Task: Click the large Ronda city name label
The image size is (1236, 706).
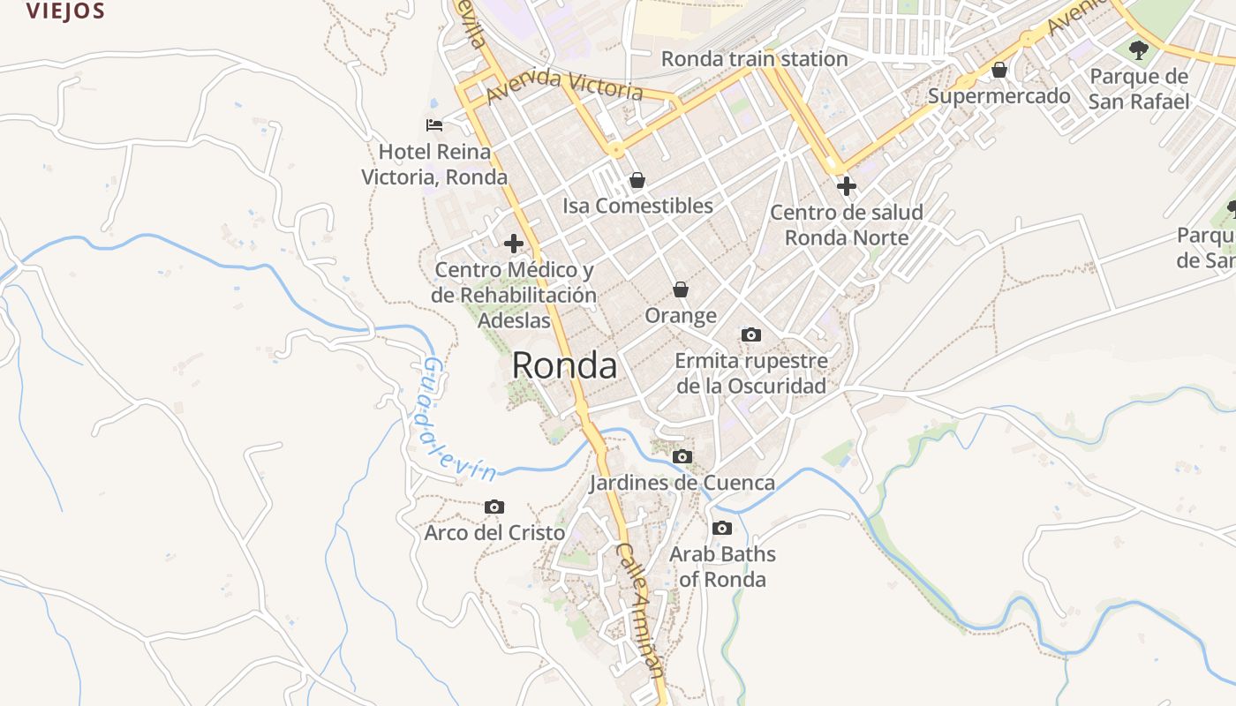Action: [564, 365]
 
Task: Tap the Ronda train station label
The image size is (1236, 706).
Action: [754, 59]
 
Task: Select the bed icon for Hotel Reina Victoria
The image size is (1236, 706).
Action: [433, 125]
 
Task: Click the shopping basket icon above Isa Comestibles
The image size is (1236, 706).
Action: [637, 181]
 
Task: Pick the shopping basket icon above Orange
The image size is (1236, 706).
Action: [681, 289]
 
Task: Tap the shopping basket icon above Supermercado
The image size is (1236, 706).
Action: [999, 70]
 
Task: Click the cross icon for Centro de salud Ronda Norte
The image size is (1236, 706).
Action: [847, 186]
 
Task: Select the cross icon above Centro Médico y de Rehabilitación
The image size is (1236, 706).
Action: [513, 244]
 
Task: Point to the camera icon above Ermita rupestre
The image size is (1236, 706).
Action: [751, 334]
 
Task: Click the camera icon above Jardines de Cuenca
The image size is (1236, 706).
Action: [682, 457]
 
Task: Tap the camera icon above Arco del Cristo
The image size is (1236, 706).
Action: [494, 507]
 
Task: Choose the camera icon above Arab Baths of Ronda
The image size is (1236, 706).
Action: [722, 529]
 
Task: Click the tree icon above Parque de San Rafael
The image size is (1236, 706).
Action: [1139, 49]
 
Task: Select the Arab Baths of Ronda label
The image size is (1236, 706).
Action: [722, 567]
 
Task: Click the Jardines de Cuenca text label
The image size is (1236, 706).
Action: [682, 483]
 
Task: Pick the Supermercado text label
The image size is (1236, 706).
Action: [999, 95]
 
